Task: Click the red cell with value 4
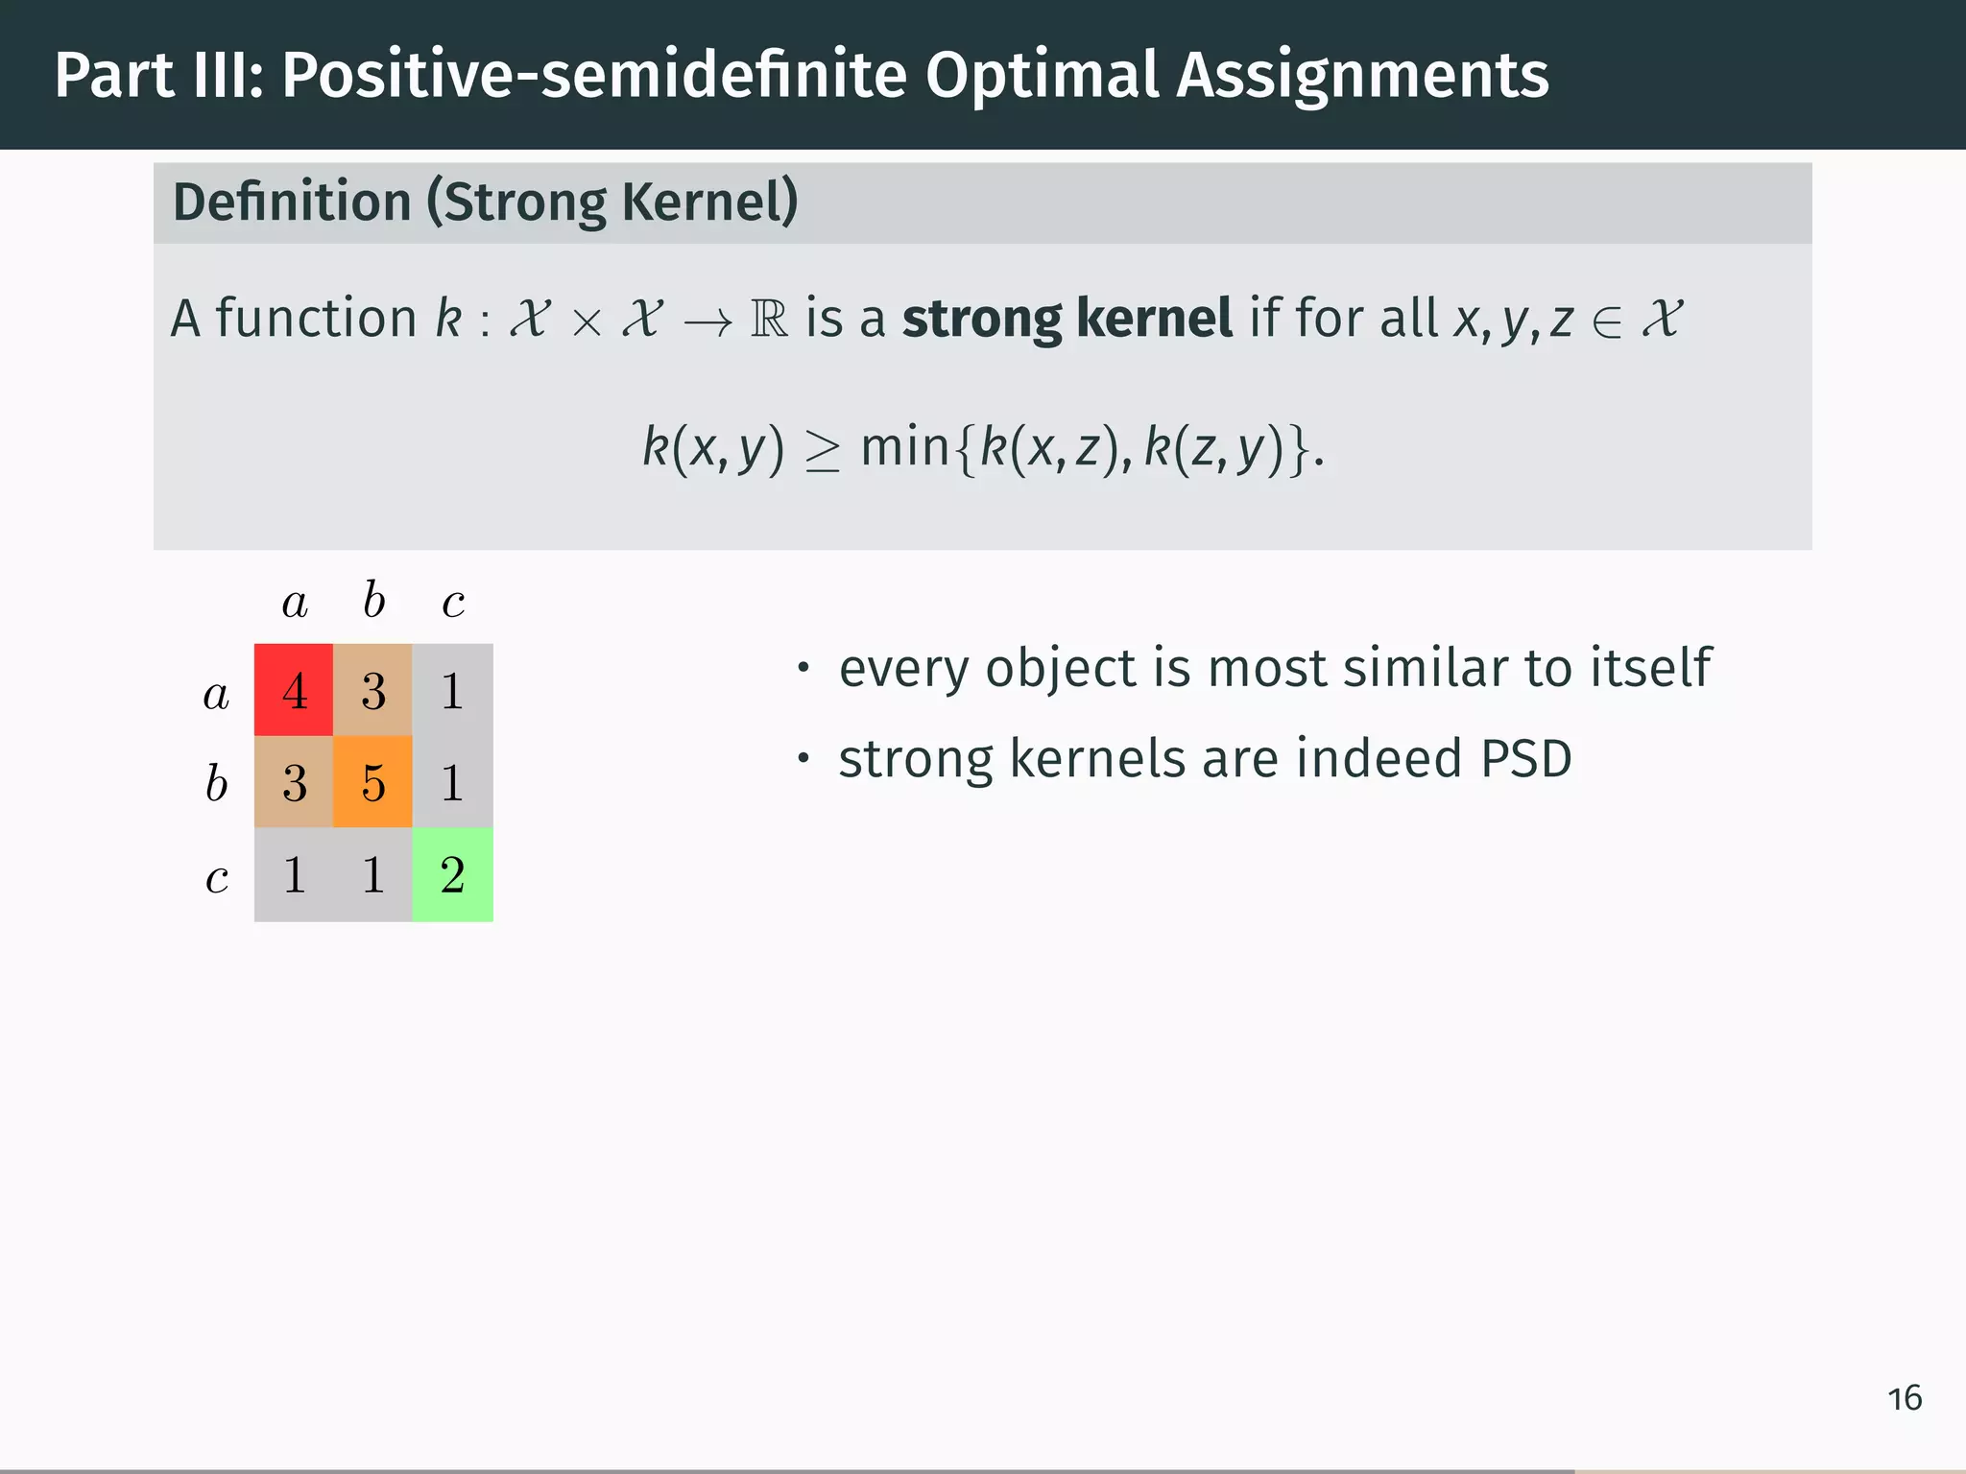tap(294, 690)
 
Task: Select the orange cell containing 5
tap(372, 781)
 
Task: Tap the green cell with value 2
tap(452, 874)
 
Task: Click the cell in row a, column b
tap(372, 690)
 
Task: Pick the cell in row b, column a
tap(294, 781)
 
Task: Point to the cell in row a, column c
tap(452, 690)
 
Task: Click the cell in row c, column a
tap(294, 874)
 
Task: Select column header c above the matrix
tap(453, 603)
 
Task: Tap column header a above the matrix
tap(295, 603)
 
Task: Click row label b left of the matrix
tap(216, 782)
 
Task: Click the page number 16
tap(1905, 1398)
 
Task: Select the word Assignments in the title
tap(1362, 75)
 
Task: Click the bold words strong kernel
tap(1067, 318)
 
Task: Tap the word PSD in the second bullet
tap(1525, 759)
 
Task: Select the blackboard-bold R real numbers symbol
tap(769, 319)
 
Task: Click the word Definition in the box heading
tap(292, 202)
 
